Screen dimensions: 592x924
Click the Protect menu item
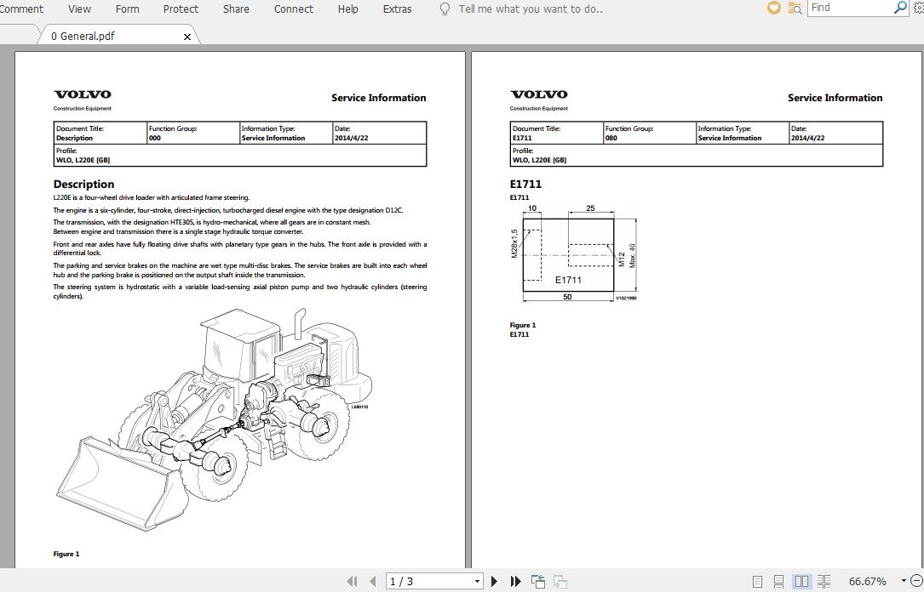point(181,9)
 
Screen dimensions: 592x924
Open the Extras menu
point(397,9)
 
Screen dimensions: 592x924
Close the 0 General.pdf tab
point(187,37)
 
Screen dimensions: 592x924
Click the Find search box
point(848,8)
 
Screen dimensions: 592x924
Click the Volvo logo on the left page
point(83,94)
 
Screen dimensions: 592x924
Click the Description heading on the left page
point(83,184)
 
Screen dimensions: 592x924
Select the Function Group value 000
point(154,138)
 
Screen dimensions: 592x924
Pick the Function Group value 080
point(611,138)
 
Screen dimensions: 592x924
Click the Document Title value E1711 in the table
point(522,138)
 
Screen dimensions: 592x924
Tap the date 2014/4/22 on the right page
point(807,138)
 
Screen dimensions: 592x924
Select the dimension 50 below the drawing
point(567,297)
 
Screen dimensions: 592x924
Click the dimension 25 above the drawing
point(590,208)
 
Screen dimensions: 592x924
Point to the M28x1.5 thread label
point(514,243)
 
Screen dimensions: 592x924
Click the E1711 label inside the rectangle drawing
point(568,280)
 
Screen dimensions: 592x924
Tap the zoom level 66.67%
point(867,581)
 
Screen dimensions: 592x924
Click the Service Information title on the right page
point(835,98)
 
